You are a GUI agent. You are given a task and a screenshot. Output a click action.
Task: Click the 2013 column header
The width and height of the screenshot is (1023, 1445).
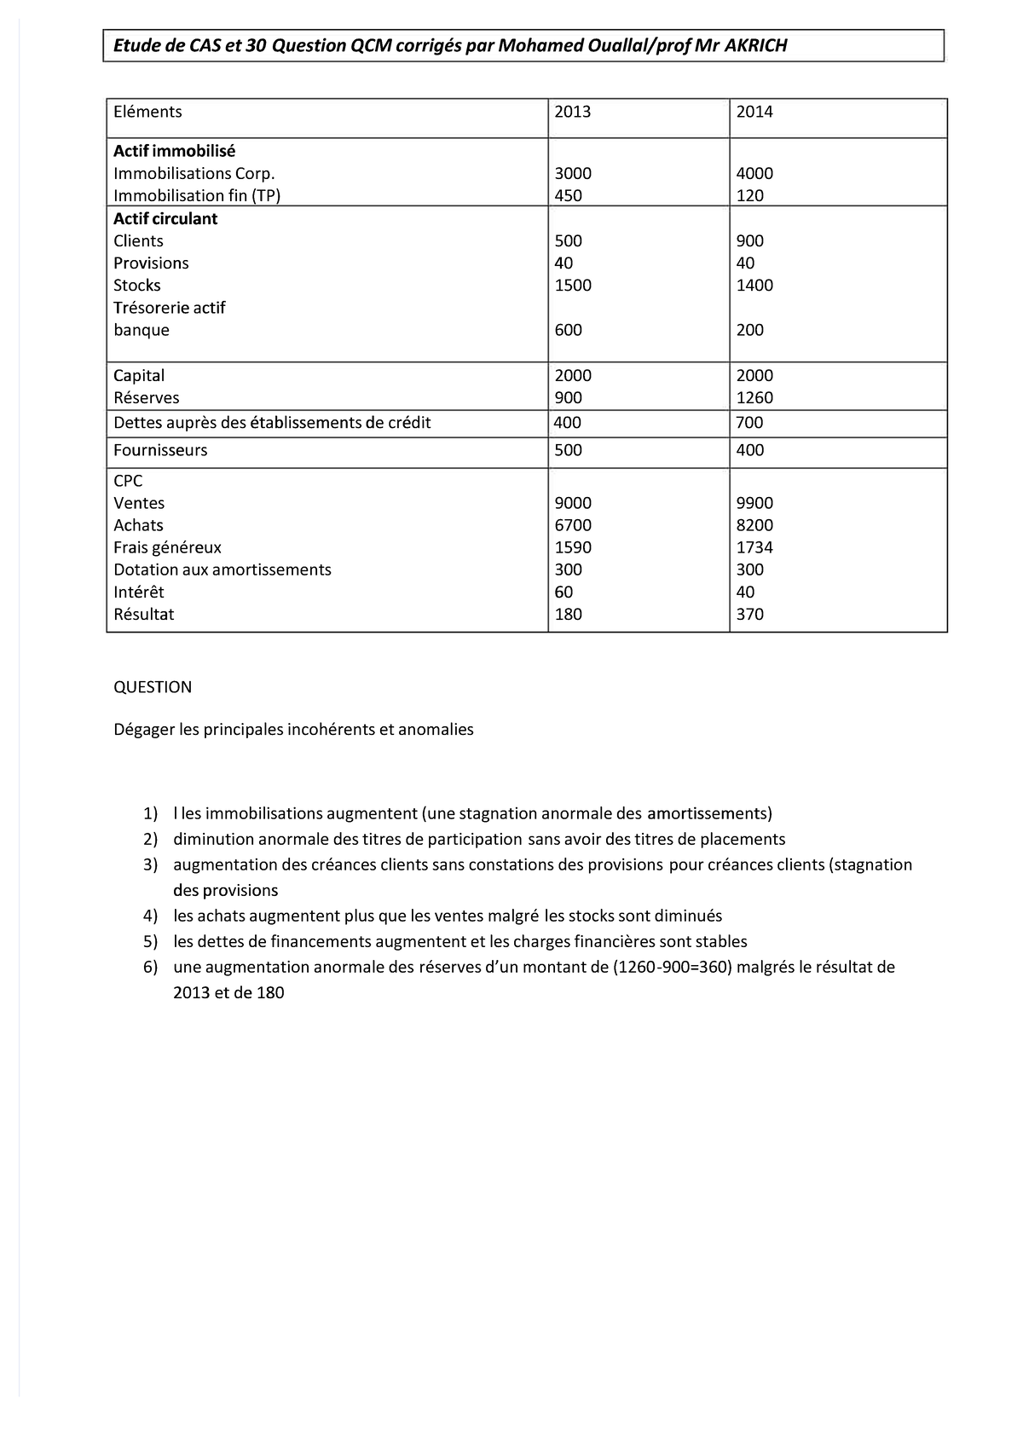click(x=572, y=112)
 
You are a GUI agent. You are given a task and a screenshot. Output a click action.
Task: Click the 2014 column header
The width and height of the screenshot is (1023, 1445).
click(x=754, y=112)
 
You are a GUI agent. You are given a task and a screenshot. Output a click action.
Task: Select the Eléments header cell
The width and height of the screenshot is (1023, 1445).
click(x=147, y=112)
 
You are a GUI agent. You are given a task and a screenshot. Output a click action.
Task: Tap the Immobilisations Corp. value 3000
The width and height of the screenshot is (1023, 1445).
click(x=573, y=174)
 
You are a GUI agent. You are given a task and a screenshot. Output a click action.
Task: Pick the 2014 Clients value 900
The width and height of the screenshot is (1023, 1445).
click(x=749, y=241)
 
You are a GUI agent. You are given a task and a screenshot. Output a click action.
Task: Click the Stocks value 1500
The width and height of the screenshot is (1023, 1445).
click(x=573, y=286)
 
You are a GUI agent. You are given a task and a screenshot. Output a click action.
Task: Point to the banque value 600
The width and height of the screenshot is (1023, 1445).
click(x=568, y=330)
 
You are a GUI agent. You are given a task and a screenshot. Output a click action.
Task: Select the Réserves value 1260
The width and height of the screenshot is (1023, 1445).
click(x=754, y=398)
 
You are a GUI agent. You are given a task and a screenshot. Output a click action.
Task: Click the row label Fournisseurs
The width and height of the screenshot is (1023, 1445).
click(x=160, y=450)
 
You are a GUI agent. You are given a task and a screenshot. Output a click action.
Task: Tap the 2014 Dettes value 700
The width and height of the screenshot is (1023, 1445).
click(x=749, y=423)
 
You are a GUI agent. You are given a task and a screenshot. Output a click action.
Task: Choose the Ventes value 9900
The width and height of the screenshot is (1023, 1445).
click(x=754, y=504)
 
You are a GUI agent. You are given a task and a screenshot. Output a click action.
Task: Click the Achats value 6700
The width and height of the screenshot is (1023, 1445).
click(x=573, y=526)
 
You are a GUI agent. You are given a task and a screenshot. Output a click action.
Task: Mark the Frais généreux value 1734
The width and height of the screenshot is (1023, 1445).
click(x=754, y=548)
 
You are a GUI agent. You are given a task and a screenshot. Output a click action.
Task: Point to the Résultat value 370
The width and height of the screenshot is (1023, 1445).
click(x=749, y=615)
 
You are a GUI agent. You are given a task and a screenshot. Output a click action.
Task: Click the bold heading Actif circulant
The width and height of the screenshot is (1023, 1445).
click(x=165, y=219)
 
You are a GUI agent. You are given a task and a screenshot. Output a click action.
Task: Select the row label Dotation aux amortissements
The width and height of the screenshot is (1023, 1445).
click(x=223, y=570)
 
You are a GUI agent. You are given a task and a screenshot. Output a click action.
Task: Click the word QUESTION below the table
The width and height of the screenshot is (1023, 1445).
click(x=153, y=687)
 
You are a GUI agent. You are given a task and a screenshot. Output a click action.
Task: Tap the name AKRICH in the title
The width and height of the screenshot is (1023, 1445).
click(x=755, y=46)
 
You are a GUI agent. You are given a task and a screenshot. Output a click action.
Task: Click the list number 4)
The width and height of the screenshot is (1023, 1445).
click(x=151, y=916)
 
